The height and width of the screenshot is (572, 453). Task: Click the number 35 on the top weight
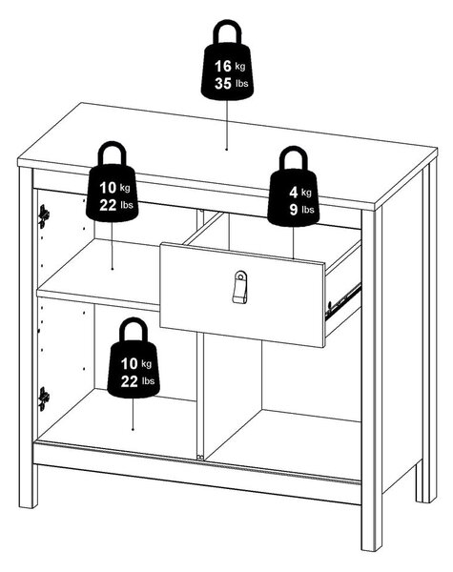click(x=223, y=84)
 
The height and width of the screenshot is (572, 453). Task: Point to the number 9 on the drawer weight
click(x=294, y=210)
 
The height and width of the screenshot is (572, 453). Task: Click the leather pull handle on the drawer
click(x=239, y=287)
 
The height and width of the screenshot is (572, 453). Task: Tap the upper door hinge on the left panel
click(x=44, y=216)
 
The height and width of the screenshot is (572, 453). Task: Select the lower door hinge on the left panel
click(x=44, y=398)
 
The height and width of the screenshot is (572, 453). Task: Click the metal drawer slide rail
click(x=343, y=298)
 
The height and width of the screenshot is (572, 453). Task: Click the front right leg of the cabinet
click(x=372, y=525)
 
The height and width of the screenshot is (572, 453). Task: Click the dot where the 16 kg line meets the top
click(x=226, y=150)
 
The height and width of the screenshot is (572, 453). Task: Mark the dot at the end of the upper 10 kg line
click(x=113, y=269)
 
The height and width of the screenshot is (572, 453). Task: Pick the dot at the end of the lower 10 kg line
click(x=133, y=429)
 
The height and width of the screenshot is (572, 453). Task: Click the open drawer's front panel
click(x=242, y=295)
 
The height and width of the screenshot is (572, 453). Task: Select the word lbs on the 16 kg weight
click(x=241, y=84)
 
